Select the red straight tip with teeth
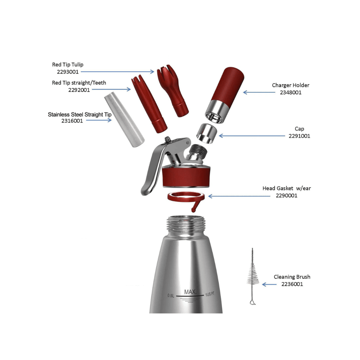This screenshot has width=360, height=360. point(149,104)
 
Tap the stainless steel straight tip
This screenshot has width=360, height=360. point(124,119)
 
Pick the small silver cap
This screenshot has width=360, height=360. point(207,133)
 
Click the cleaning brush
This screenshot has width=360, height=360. point(253,277)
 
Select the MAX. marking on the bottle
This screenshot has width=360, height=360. point(190,292)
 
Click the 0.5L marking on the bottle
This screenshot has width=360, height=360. point(171,295)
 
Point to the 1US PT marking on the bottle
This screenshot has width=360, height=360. point(210,294)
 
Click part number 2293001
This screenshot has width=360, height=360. point(68,72)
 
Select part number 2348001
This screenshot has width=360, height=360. point(291,93)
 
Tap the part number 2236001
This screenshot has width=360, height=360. point(292,284)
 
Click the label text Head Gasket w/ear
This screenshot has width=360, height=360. point(287,188)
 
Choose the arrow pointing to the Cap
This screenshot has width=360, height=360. point(252,136)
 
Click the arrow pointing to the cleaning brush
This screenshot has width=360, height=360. point(269,284)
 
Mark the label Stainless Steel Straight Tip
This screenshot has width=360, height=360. point(80,114)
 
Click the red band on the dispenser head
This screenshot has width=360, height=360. point(186,177)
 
